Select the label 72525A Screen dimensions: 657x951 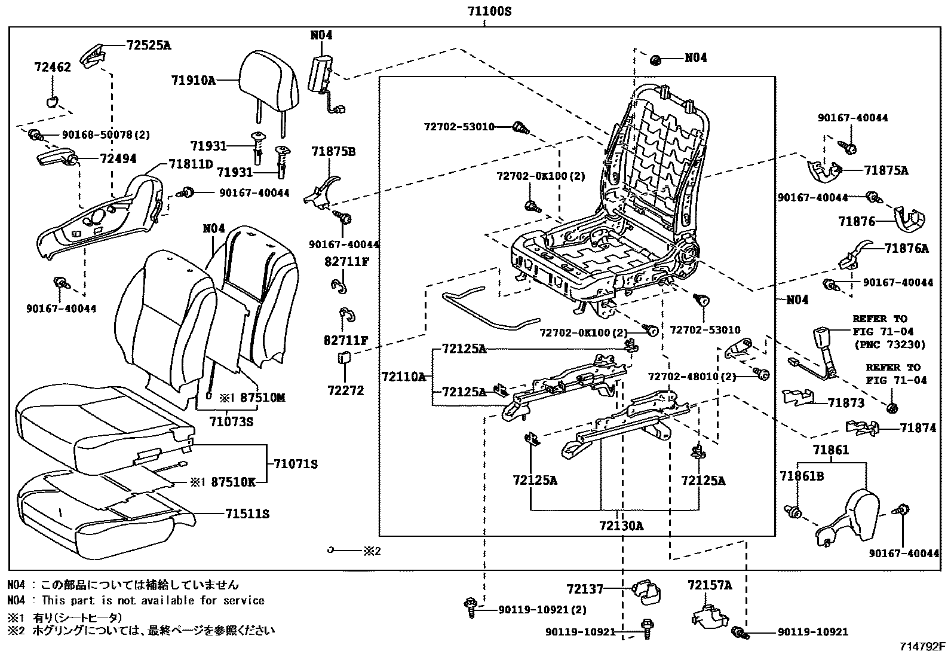click(x=148, y=45)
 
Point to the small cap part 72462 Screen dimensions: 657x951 click(x=53, y=100)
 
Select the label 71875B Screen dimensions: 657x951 click(x=333, y=152)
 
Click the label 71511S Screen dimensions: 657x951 click(x=247, y=514)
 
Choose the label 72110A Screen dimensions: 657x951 click(x=403, y=376)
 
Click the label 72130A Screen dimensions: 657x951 click(x=621, y=526)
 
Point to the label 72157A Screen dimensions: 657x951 click(x=709, y=585)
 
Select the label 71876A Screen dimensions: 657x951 click(x=906, y=248)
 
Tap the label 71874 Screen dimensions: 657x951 click(x=918, y=428)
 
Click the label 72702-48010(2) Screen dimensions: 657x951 click(x=692, y=377)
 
